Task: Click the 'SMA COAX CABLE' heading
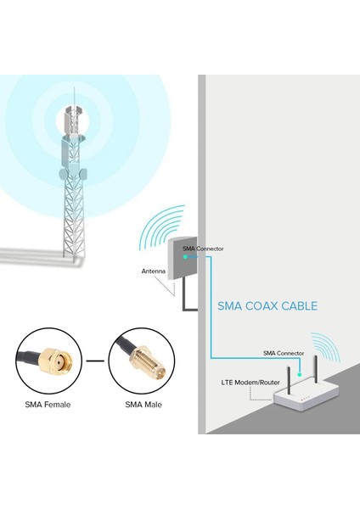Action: [267, 306]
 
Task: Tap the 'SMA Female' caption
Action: [48, 404]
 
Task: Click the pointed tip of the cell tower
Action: [74, 90]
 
